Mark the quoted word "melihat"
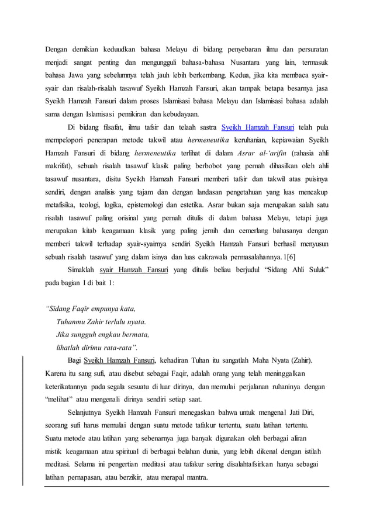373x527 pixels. pos(58,399)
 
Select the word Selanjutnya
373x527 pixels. pos(89,412)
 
